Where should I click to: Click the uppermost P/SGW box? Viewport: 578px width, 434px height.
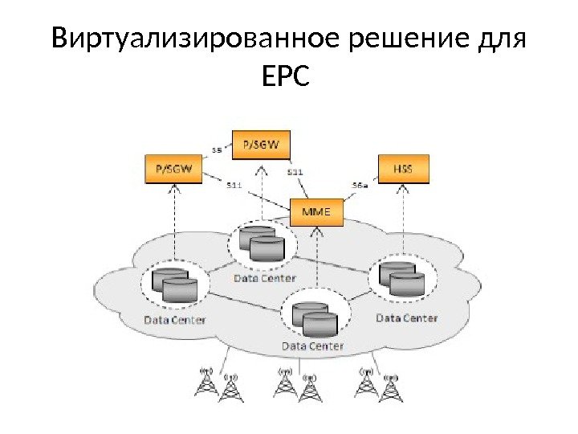pos(261,145)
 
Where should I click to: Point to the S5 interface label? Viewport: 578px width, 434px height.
pos(217,149)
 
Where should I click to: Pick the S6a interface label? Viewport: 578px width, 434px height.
pos(360,184)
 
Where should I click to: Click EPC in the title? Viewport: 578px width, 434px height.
pos(285,80)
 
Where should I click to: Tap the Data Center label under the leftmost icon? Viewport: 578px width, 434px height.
pos(174,319)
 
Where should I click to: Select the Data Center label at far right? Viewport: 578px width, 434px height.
pos(407,317)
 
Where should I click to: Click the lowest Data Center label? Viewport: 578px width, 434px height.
pos(313,346)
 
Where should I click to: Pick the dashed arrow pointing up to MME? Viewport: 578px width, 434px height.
pos(318,257)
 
